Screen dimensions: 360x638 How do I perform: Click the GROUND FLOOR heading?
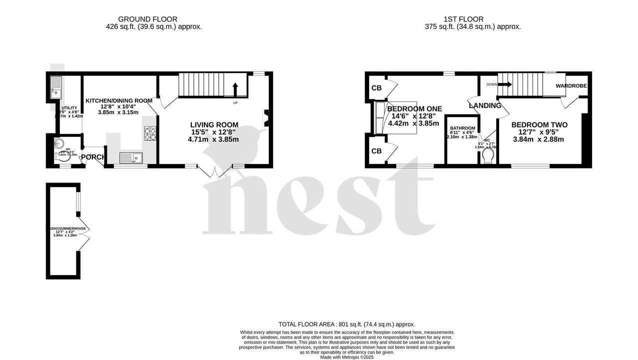(154, 19)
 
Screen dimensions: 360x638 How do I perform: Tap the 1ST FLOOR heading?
(465, 19)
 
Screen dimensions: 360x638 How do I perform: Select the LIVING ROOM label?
(214, 125)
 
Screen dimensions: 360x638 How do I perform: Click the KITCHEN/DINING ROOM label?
(119, 100)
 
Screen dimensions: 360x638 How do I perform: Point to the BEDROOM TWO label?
(539, 125)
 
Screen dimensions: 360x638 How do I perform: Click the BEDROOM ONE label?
(414, 109)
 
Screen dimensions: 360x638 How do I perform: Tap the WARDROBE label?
(570, 85)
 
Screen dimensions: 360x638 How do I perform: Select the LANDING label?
(485, 105)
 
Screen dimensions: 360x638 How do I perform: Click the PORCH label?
(94, 157)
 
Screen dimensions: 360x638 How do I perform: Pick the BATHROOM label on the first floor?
(462, 128)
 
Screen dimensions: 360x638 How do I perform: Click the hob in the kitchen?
(150, 133)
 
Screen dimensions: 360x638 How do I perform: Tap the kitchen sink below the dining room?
(131, 158)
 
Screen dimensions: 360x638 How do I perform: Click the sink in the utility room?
(56, 87)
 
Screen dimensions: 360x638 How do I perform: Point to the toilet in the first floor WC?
(488, 157)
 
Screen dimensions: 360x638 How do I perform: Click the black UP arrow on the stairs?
(235, 88)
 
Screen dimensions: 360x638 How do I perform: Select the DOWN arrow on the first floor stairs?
(505, 84)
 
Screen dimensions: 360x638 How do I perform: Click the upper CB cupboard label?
(376, 88)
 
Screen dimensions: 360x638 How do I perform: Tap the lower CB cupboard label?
(376, 151)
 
